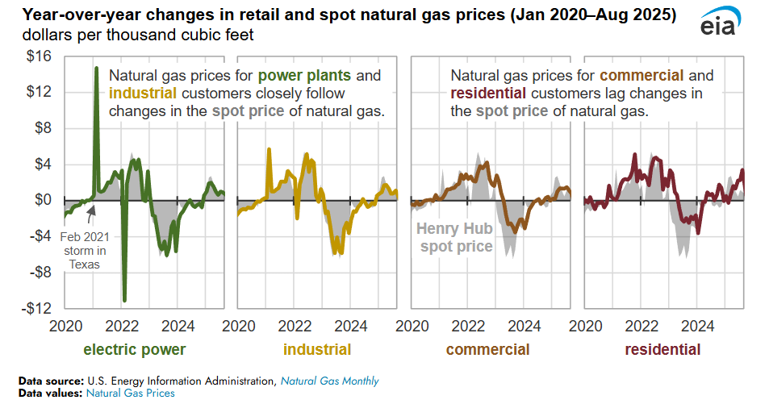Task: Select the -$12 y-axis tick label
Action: pos(37,309)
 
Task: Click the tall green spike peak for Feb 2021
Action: pos(97,69)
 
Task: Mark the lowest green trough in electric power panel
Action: pos(124,300)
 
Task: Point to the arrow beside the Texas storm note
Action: pos(91,212)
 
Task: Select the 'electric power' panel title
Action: pos(135,350)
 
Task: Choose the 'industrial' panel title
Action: pos(317,350)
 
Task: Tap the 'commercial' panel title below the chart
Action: pos(487,350)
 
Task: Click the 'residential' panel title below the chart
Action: pos(662,350)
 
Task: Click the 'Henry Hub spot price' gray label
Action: pos(454,238)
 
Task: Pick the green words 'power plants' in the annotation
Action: pos(304,77)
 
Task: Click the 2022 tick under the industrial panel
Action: pos(296,327)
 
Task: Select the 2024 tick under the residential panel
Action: pos(698,327)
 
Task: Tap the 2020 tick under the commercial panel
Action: pos(412,327)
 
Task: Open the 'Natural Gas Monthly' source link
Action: pos(329,381)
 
